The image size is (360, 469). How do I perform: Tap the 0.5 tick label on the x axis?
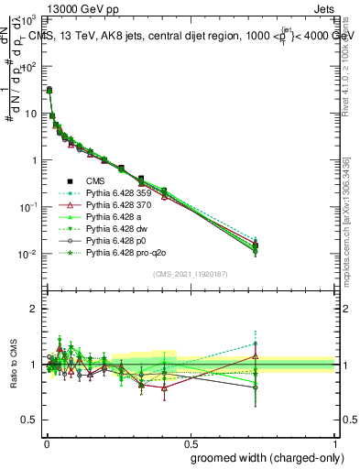point(189,442)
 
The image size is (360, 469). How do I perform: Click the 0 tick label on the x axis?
point(46,442)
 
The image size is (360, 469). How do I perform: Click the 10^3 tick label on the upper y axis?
point(27,19)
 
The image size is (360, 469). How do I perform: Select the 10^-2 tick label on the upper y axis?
point(27,254)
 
